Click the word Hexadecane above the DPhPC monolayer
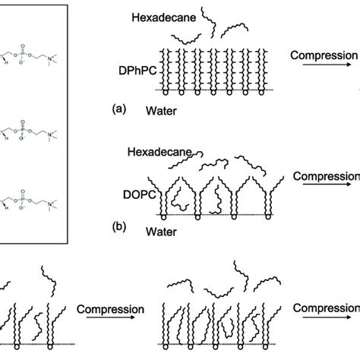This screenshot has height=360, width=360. click(159, 15)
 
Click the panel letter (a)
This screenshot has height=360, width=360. click(118, 109)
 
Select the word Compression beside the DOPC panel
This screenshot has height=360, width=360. click(327, 177)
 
